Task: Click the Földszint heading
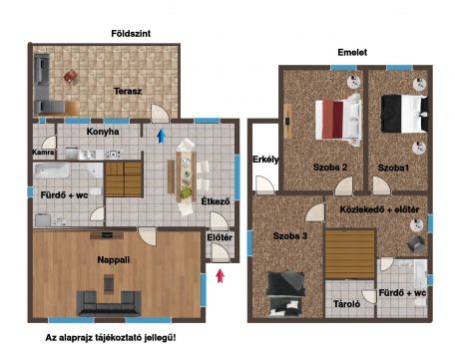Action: pyautogui.click(x=131, y=34)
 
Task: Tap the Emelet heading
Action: pyautogui.click(x=352, y=52)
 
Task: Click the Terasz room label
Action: pyautogui.click(x=128, y=91)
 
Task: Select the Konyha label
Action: pyautogui.click(x=103, y=132)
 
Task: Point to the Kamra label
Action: pyautogui.click(x=43, y=153)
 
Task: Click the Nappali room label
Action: pyautogui.click(x=114, y=260)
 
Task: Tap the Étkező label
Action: pyautogui.click(x=216, y=201)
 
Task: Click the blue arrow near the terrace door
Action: pyautogui.click(x=161, y=136)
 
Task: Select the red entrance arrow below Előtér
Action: pyautogui.click(x=220, y=276)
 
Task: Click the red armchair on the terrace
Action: pyautogui.click(x=71, y=76)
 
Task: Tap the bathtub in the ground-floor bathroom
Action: pyautogui.click(x=52, y=171)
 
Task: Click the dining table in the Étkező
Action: pyautogui.click(x=186, y=177)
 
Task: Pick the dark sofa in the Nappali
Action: pyautogui.click(x=109, y=303)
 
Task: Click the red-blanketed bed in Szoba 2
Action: pyautogui.click(x=338, y=120)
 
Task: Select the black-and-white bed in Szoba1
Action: pyautogui.click(x=404, y=114)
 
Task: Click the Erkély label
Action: pyautogui.click(x=265, y=160)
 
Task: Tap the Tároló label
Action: pyautogui.click(x=346, y=304)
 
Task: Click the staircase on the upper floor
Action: pyautogui.click(x=350, y=254)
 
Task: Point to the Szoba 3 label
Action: pyautogui.click(x=290, y=236)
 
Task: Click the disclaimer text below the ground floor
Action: pyautogui.click(x=111, y=338)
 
